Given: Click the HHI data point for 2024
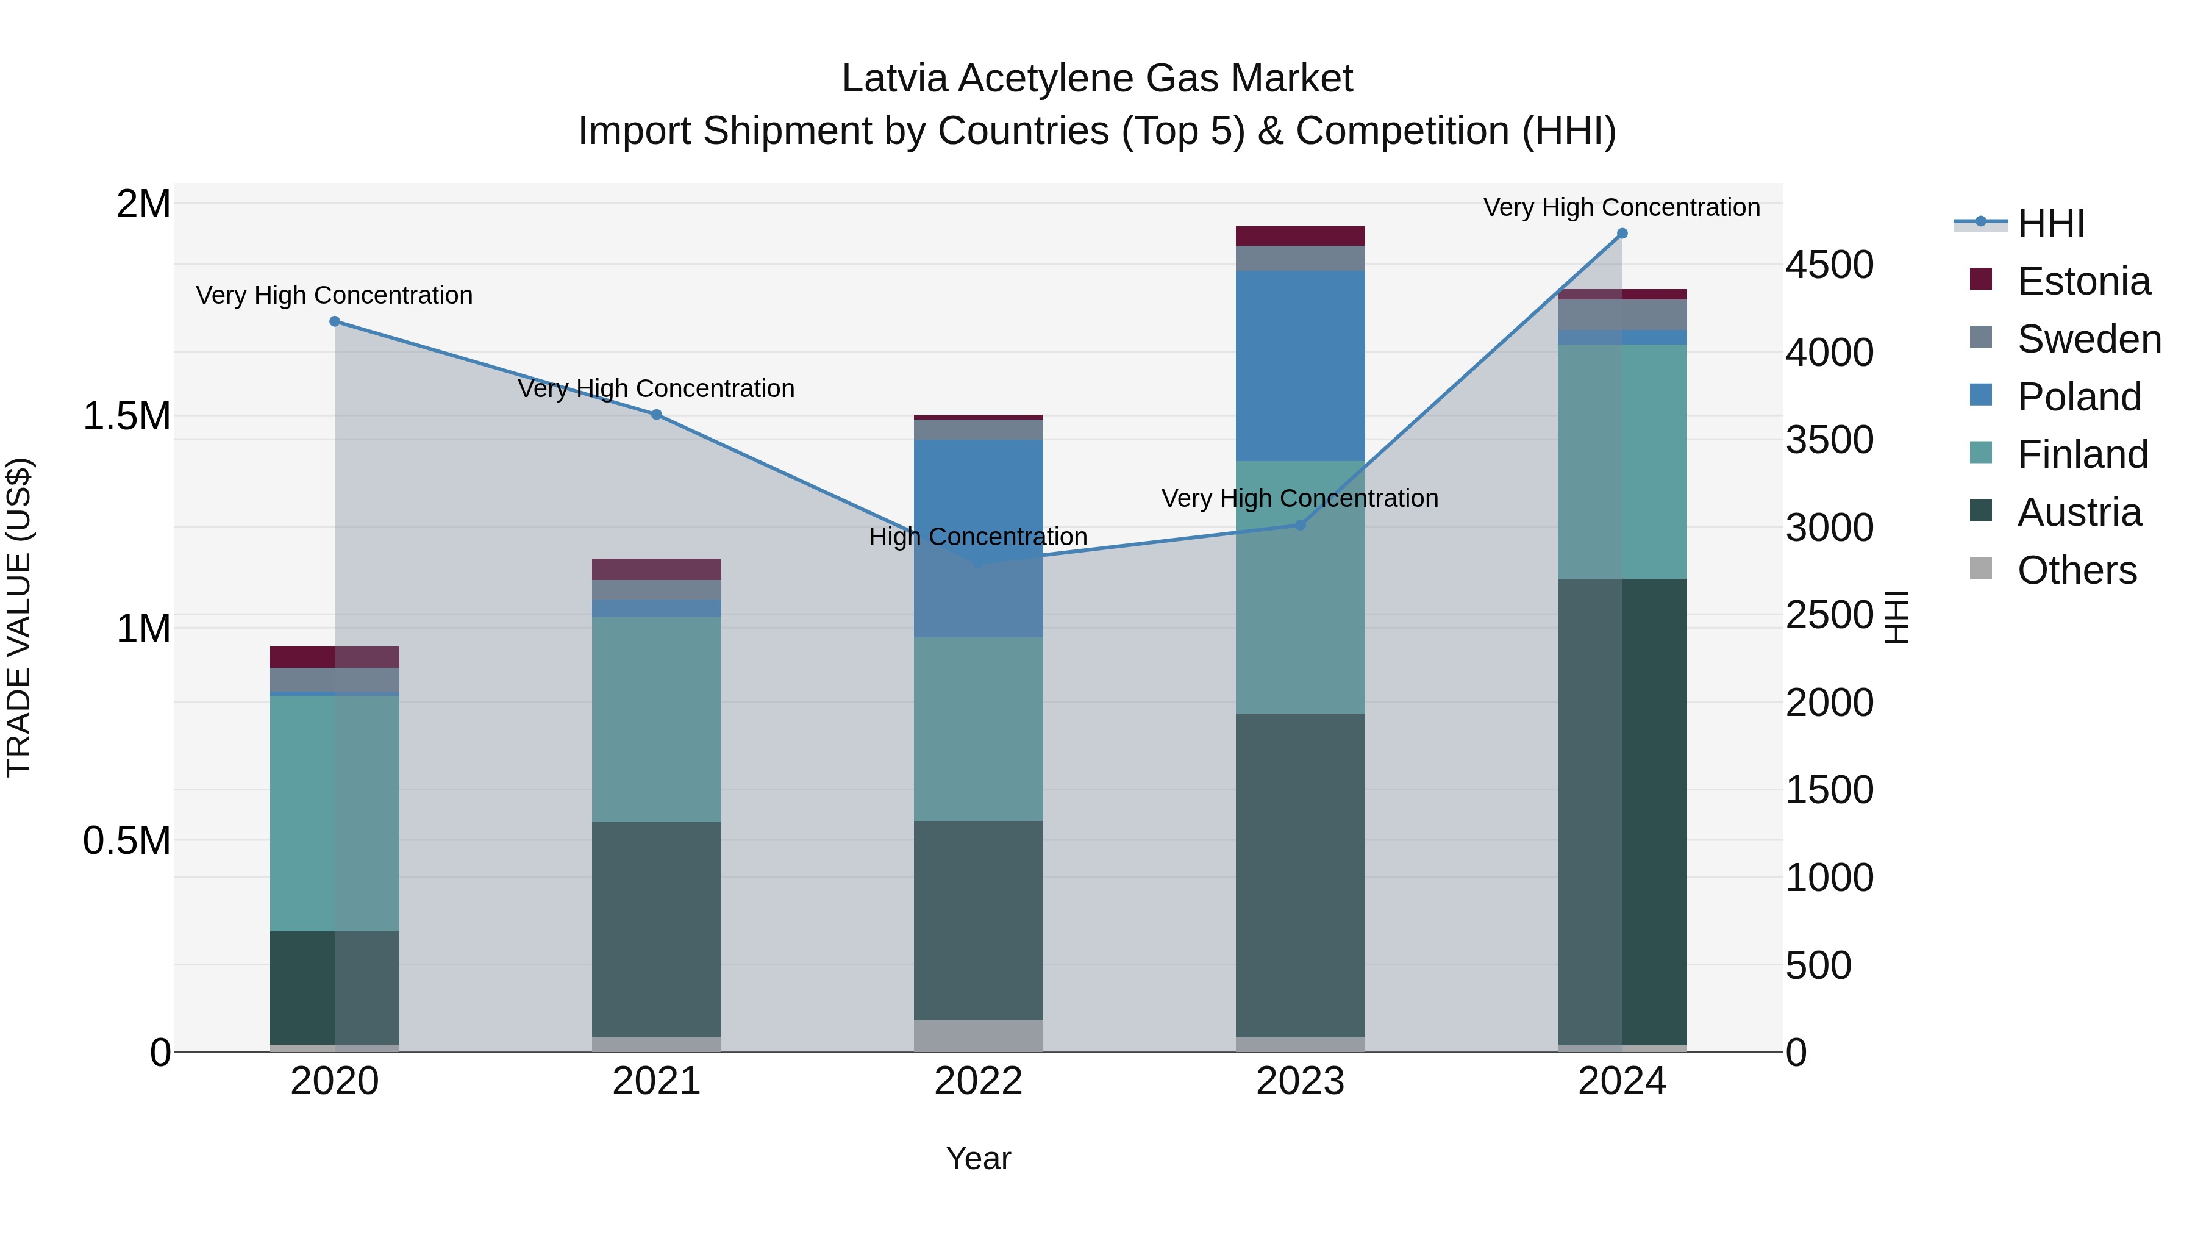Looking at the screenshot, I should (x=1621, y=234).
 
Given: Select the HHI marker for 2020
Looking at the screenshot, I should (x=335, y=321).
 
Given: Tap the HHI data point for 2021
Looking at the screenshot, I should (x=656, y=415).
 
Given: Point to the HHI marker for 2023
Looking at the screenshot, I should (x=1301, y=525).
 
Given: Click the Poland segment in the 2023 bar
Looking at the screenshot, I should (x=1301, y=367).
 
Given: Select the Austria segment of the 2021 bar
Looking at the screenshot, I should (x=656, y=929).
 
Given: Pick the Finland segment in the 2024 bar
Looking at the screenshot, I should (x=1621, y=461).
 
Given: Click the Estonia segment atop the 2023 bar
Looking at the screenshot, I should (x=1301, y=236).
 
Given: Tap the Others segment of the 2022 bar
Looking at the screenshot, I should (x=978, y=1036).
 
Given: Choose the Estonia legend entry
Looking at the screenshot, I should (x=2083, y=281).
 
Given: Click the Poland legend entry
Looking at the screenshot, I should (x=2079, y=397).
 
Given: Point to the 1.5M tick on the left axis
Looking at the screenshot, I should (x=127, y=416).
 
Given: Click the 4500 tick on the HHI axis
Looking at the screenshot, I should (x=1829, y=265).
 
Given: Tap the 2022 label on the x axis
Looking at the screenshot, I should (x=978, y=1081).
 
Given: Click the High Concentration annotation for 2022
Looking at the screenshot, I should (x=978, y=537).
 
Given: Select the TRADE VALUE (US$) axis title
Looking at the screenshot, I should (x=19, y=617).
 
